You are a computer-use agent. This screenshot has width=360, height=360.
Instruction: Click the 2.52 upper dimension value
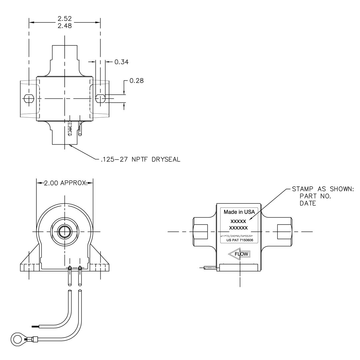pos(65,18)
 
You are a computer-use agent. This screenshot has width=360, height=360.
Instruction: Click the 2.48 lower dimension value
pos(65,26)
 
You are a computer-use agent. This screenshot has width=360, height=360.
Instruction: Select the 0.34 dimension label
pos(121,62)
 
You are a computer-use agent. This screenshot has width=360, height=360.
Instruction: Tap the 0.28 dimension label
pos(137,81)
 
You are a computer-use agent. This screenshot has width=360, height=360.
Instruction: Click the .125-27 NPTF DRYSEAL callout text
pos(140,159)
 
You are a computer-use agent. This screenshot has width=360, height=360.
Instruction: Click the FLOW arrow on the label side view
pos(239,254)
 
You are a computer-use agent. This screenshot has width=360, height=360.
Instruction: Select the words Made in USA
pos(239,212)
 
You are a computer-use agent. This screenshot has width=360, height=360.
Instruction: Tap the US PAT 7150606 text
pos(240,240)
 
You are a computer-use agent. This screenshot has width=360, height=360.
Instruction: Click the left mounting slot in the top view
pos(29,99)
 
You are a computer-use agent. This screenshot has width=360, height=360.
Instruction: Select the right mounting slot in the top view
pos(101,98)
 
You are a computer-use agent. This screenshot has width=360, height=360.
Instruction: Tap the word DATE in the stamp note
pos(308,203)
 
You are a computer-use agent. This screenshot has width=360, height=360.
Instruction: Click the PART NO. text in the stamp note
pos(315,196)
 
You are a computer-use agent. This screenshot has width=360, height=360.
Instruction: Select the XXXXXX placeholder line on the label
pos(238,228)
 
